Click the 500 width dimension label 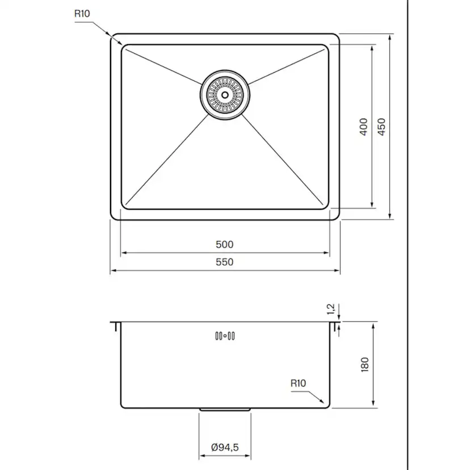(225, 245)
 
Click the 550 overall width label (225, 262)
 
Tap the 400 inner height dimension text (363, 126)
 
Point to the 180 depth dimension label (364, 364)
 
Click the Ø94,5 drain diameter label (225, 447)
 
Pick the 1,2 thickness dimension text (331, 309)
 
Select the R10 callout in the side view (298, 383)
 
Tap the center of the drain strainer (225, 94)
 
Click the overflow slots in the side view (225, 336)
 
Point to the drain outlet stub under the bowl (225, 409)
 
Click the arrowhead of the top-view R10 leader (120, 43)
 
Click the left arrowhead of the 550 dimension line (112, 271)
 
